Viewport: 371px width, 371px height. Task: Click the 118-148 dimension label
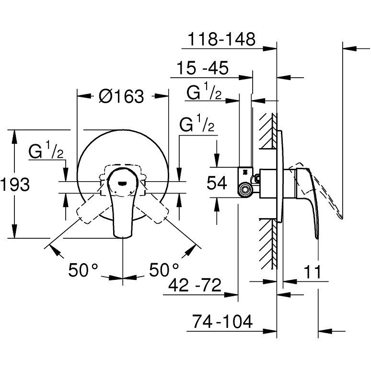click(221, 39)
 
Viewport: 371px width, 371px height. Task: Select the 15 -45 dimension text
click(203, 68)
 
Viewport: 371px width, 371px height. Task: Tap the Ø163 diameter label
click(122, 96)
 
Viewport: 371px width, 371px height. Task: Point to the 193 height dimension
click(15, 185)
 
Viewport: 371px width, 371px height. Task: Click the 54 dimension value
click(217, 183)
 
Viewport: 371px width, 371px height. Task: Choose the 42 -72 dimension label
click(195, 285)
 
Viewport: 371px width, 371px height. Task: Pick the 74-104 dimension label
click(222, 321)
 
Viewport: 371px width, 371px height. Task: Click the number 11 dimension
click(313, 272)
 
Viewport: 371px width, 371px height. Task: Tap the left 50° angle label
click(83, 270)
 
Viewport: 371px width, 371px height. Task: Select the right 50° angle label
click(164, 269)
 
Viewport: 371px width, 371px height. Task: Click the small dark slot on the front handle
click(123, 183)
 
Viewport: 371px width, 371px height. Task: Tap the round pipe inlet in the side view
click(244, 189)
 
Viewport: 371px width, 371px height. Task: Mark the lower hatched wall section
click(268, 243)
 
